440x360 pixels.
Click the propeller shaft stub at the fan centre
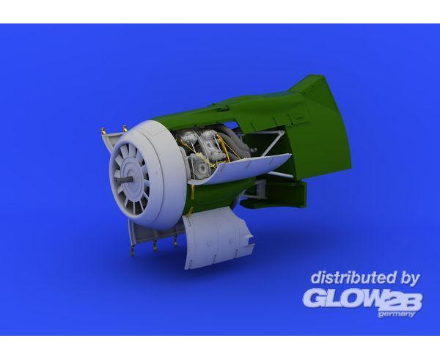click(125, 180)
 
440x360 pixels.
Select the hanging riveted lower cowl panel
click(216, 238)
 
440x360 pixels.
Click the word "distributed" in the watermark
click(353, 278)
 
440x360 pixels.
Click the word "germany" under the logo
click(397, 315)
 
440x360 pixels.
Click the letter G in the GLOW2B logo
click(315, 298)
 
